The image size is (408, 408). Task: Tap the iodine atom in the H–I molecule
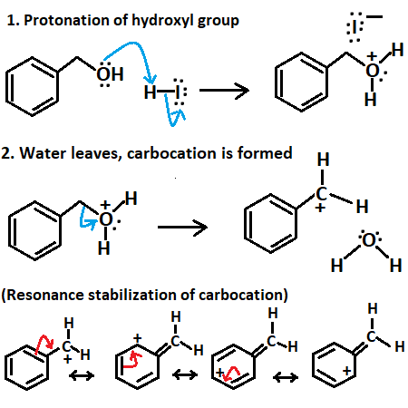(179, 93)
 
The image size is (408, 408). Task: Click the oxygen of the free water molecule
(368, 242)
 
